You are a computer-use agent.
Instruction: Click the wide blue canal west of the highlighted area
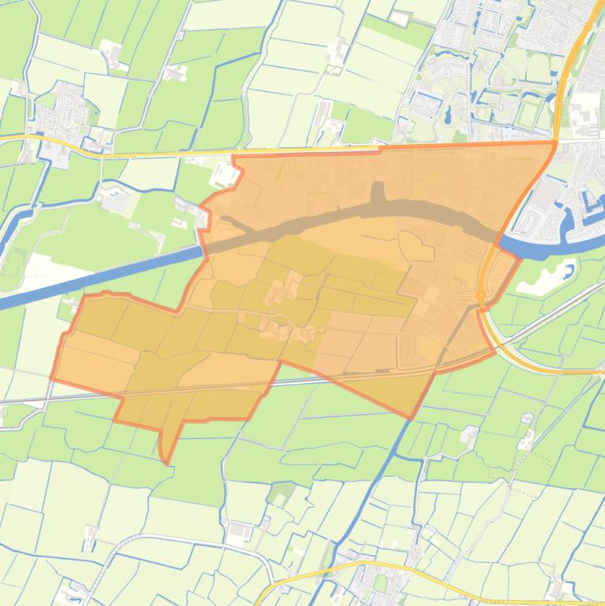click(x=94, y=275)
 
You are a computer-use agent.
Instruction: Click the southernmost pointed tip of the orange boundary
click(x=166, y=462)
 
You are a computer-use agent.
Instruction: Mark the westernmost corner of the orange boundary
click(x=52, y=379)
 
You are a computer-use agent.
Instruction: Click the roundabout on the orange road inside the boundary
click(x=480, y=293)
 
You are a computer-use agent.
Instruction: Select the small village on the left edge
click(x=59, y=118)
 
